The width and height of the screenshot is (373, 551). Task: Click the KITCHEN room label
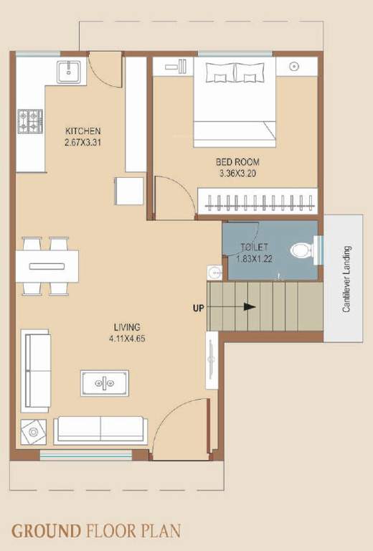[83, 131]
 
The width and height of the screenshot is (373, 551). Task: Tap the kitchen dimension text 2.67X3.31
[83, 142]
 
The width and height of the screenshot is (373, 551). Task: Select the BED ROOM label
[237, 162]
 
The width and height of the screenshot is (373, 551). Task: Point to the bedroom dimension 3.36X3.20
[237, 173]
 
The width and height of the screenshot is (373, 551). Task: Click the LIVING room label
[126, 326]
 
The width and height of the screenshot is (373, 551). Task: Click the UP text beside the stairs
[198, 308]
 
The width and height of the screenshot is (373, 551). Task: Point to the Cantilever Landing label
[346, 279]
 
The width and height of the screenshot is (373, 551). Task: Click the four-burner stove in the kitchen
[30, 123]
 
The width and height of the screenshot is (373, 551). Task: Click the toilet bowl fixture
[301, 251]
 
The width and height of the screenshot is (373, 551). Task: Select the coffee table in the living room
[105, 383]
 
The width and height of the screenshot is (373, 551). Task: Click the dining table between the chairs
[47, 266]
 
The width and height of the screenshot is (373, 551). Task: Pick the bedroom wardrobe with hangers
[256, 200]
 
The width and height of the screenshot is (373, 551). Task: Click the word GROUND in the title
[45, 531]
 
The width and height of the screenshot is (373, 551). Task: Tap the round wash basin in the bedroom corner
[294, 67]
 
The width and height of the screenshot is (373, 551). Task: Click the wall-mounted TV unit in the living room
[212, 359]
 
